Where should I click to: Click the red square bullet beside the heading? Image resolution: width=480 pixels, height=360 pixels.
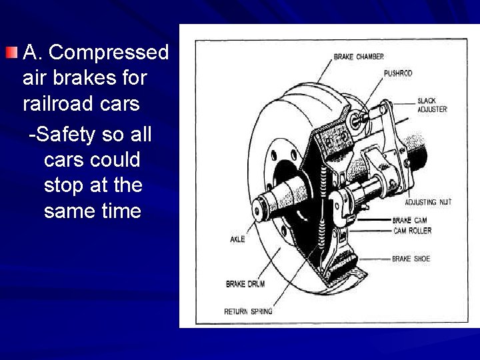click(x=12, y=52)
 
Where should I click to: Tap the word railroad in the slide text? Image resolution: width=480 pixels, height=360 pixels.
click(x=58, y=104)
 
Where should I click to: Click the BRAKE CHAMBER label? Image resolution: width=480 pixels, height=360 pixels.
click(x=359, y=57)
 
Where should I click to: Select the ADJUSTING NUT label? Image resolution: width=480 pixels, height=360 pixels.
click(x=428, y=202)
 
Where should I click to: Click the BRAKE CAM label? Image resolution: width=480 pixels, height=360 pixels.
click(x=409, y=220)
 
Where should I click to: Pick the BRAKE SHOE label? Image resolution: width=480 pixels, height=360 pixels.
click(x=411, y=259)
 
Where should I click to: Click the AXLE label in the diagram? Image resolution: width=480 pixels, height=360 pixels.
click(x=238, y=239)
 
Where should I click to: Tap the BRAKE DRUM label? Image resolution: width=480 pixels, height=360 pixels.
click(x=245, y=284)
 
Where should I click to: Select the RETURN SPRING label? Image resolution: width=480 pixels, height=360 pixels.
click(x=248, y=311)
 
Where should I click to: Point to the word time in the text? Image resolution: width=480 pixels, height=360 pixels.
click(x=117, y=211)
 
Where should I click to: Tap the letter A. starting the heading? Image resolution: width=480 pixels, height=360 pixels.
click(x=33, y=52)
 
